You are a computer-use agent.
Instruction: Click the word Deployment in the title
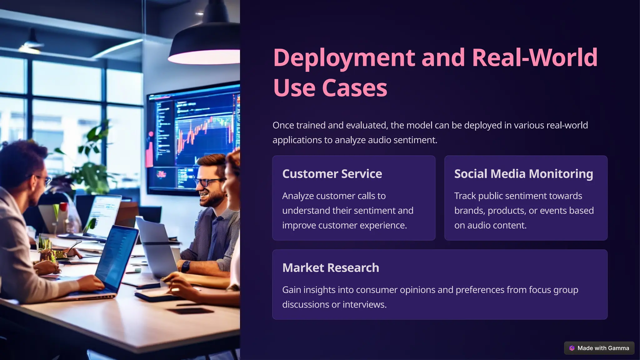(x=344, y=58)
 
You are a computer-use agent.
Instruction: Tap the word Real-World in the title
(x=534, y=58)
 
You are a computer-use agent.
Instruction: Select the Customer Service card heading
(x=332, y=174)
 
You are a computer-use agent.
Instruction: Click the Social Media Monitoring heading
(x=523, y=174)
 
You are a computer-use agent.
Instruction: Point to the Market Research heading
(x=331, y=268)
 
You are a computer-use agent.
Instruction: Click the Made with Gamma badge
(x=599, y=348)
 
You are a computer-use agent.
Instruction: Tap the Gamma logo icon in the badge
(x=572, y=348)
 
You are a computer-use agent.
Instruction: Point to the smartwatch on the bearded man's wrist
(x=186, y=266)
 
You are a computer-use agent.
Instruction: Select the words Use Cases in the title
(x=330, y=88)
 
